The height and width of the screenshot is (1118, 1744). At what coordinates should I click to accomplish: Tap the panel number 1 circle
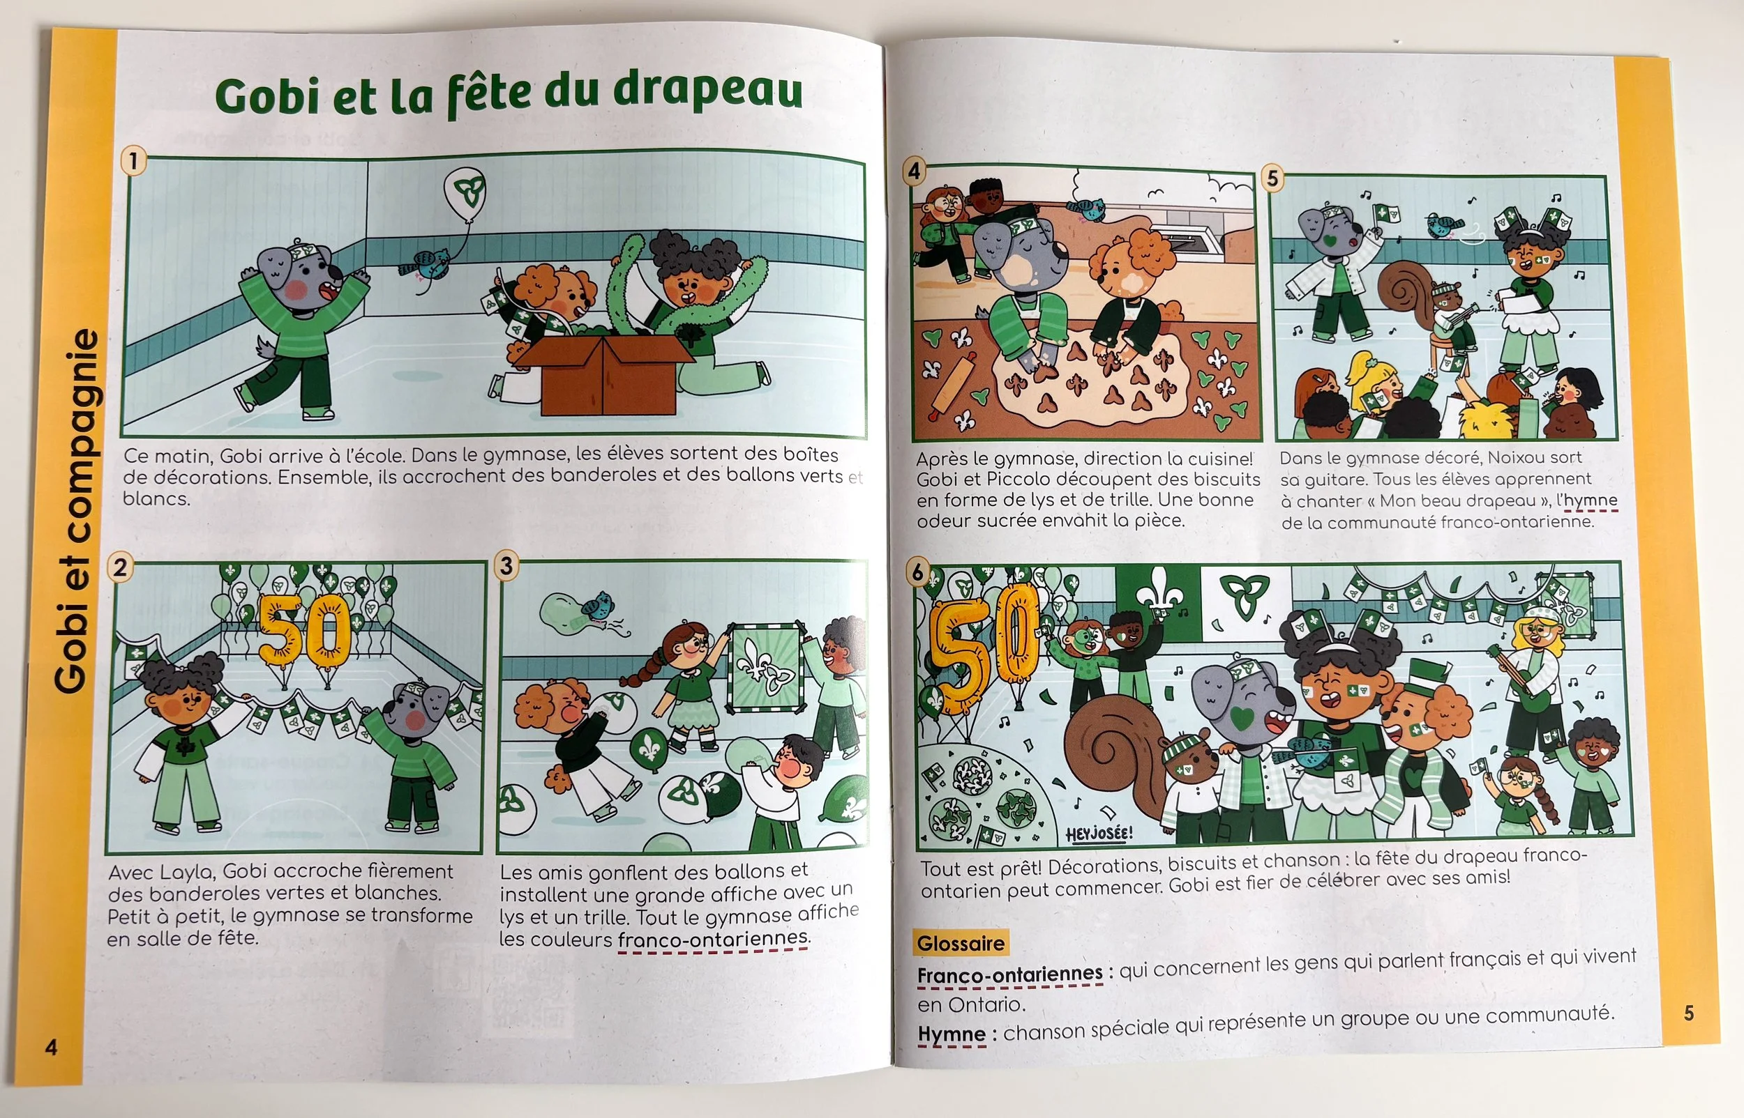coord(134,160)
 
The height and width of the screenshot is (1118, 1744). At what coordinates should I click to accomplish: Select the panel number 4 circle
coord(914,171)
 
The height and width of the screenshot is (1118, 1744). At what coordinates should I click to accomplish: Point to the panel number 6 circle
coord(918,573)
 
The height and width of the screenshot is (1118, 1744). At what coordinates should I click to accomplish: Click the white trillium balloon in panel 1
coord(465,191)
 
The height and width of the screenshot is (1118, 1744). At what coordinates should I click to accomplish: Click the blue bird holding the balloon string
coord(428,265)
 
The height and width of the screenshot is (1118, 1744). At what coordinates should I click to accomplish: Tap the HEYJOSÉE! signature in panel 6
coord(1099,834)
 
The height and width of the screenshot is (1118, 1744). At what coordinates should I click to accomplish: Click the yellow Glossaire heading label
coord(961,943)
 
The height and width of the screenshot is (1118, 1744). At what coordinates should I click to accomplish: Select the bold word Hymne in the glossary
coord(952,1034)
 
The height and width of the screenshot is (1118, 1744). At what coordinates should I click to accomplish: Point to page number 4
coord(51,1047)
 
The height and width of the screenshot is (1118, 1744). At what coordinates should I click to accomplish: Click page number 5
coord(1689,1013)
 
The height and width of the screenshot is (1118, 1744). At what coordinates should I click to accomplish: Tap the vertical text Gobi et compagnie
coord(76,511)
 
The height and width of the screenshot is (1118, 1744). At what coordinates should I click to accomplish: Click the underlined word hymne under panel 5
coord(1591,501)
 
